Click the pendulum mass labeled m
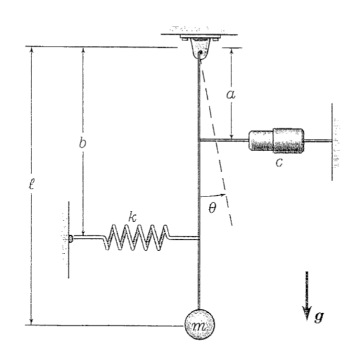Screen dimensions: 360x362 click(x=200, y=325)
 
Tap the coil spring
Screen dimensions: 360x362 click(x=136, y=238)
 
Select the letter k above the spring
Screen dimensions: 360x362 click(x=132, y=216)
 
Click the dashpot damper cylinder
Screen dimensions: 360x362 click(x=276, y=140)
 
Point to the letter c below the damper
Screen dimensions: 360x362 click(x=279, y=163)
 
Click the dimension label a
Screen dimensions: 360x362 click(x=231, y=94)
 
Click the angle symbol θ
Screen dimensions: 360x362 click(x=212, y=208)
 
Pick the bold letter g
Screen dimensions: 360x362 click(x=319, y=317)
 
